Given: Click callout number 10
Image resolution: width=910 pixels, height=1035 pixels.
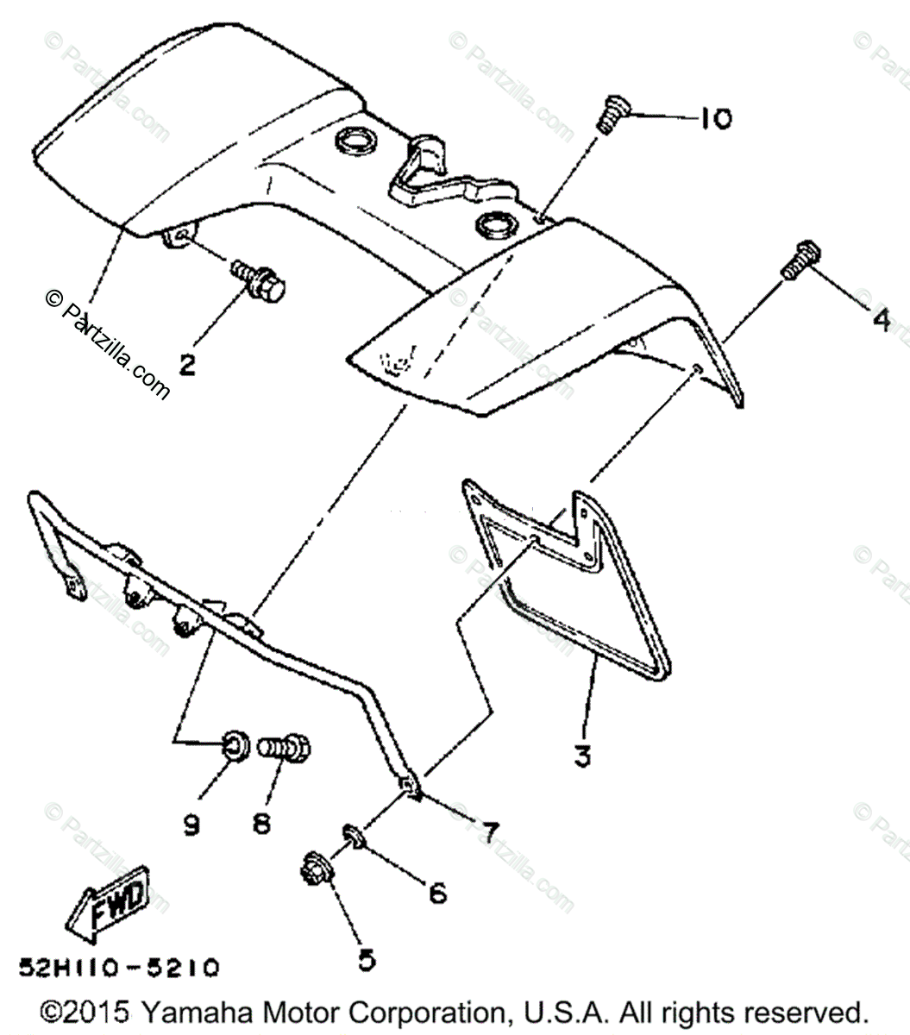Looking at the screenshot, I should [x=713, y=118].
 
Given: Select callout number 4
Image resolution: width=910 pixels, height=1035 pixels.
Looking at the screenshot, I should [x=880, y=320].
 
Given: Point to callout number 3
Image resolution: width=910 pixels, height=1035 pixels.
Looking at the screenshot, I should [x=583, y=756].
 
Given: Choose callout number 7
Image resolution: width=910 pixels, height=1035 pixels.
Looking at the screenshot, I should [x=489, y=832].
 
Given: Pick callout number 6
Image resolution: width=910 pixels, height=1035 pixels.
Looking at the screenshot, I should [x=437, y=893].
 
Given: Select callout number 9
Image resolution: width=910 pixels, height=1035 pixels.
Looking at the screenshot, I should [x=191, y=825].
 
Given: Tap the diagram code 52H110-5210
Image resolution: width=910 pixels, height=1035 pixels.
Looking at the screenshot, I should [x=118, y=966].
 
